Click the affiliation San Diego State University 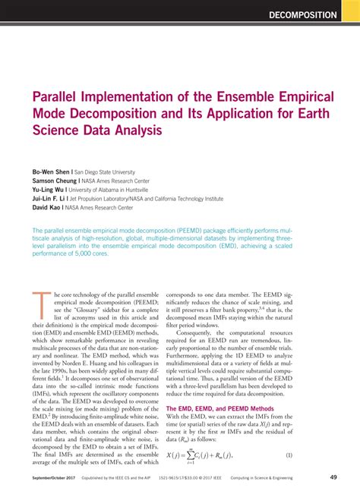(107, 172)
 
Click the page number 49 (334, 477)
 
